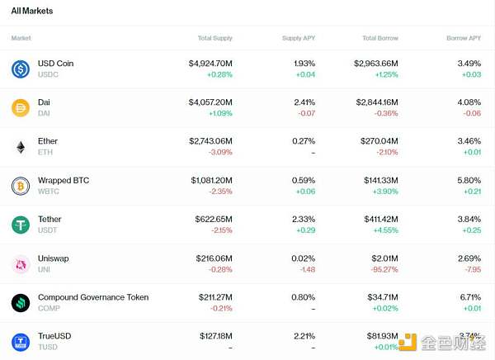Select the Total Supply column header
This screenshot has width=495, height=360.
tap(215, 38)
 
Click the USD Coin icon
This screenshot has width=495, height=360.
tap(21, 69)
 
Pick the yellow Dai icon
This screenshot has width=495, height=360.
tap(21, 108)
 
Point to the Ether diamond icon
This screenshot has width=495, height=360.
tap(21, 147)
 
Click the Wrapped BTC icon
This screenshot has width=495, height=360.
tap(21, 186)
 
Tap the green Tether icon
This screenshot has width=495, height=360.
tap(21, 225)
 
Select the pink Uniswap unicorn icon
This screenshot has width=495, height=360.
tap(21, 264)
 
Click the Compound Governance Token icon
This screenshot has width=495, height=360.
tap(21, 303)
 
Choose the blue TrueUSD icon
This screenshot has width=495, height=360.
tap(21, 342)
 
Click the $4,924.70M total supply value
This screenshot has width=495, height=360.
tap(210, 64)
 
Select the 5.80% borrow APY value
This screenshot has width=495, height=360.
tap(468, 180)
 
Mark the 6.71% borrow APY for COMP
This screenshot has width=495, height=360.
tap(468, 297)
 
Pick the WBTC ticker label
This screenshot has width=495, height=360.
tap(49, 192)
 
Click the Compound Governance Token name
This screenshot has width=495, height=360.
tap(93, 297)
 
